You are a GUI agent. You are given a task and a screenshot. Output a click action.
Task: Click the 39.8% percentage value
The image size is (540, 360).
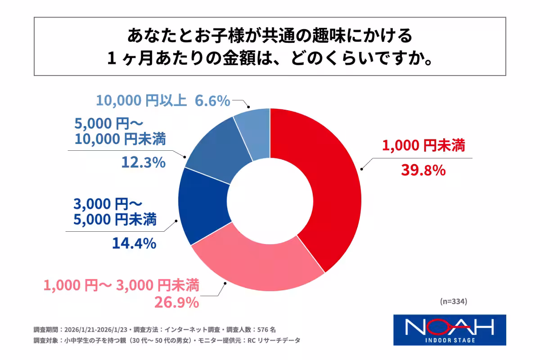coord(423,171)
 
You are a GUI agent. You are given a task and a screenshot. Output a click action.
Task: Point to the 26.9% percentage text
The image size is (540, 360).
coord(176,302)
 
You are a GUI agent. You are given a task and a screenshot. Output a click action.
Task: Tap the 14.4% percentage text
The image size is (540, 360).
coord(134,243)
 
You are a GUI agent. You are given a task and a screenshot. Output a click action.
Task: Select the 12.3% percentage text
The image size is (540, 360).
coord(143,162)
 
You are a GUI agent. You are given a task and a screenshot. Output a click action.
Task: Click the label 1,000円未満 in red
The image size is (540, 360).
coord(423,146)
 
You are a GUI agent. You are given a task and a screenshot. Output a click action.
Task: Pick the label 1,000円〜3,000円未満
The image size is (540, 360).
coord(121,285)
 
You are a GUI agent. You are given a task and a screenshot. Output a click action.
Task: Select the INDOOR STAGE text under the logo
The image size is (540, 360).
coord(450,340)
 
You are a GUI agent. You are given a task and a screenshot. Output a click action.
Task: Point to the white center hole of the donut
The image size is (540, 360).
coord(270,200)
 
